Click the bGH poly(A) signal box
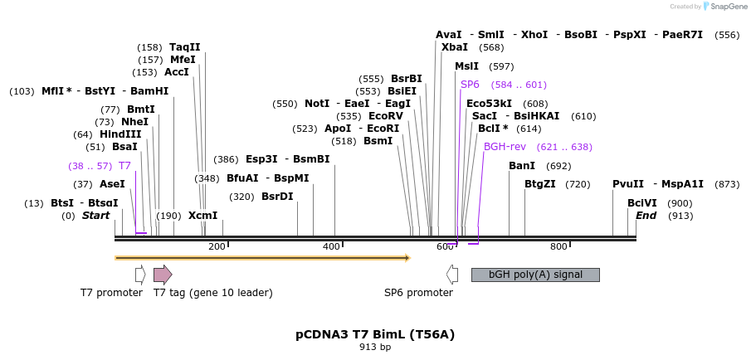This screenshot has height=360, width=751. (x=535, y=275)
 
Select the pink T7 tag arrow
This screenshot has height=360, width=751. (x=163, y=275)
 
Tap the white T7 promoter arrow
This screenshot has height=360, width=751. (x=140, y=275)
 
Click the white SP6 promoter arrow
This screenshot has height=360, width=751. (x=452, y=275)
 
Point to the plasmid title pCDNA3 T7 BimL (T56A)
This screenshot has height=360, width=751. (x=375, y=334)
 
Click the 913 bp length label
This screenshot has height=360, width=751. (x=375, y=348)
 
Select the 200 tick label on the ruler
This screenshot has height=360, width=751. (x=217, y=246)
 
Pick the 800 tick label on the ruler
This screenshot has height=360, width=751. (x=558, y=246)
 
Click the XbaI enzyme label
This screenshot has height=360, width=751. (x=455, y=47)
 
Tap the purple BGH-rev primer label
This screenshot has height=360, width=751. (x=505, y=147)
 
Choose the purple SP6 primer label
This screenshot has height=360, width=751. (x=471, y=85)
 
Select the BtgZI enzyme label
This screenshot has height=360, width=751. (x=540, y=184)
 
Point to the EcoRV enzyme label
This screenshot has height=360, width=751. (x=385, y=116)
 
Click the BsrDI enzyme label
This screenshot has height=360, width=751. (x=277, y=197)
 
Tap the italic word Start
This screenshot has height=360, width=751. (x=95, y=216)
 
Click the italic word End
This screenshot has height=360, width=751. (x=646, y=216)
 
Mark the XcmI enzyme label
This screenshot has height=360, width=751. (x=202, y=216)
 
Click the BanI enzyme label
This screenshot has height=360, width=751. (x=522, y=166)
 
